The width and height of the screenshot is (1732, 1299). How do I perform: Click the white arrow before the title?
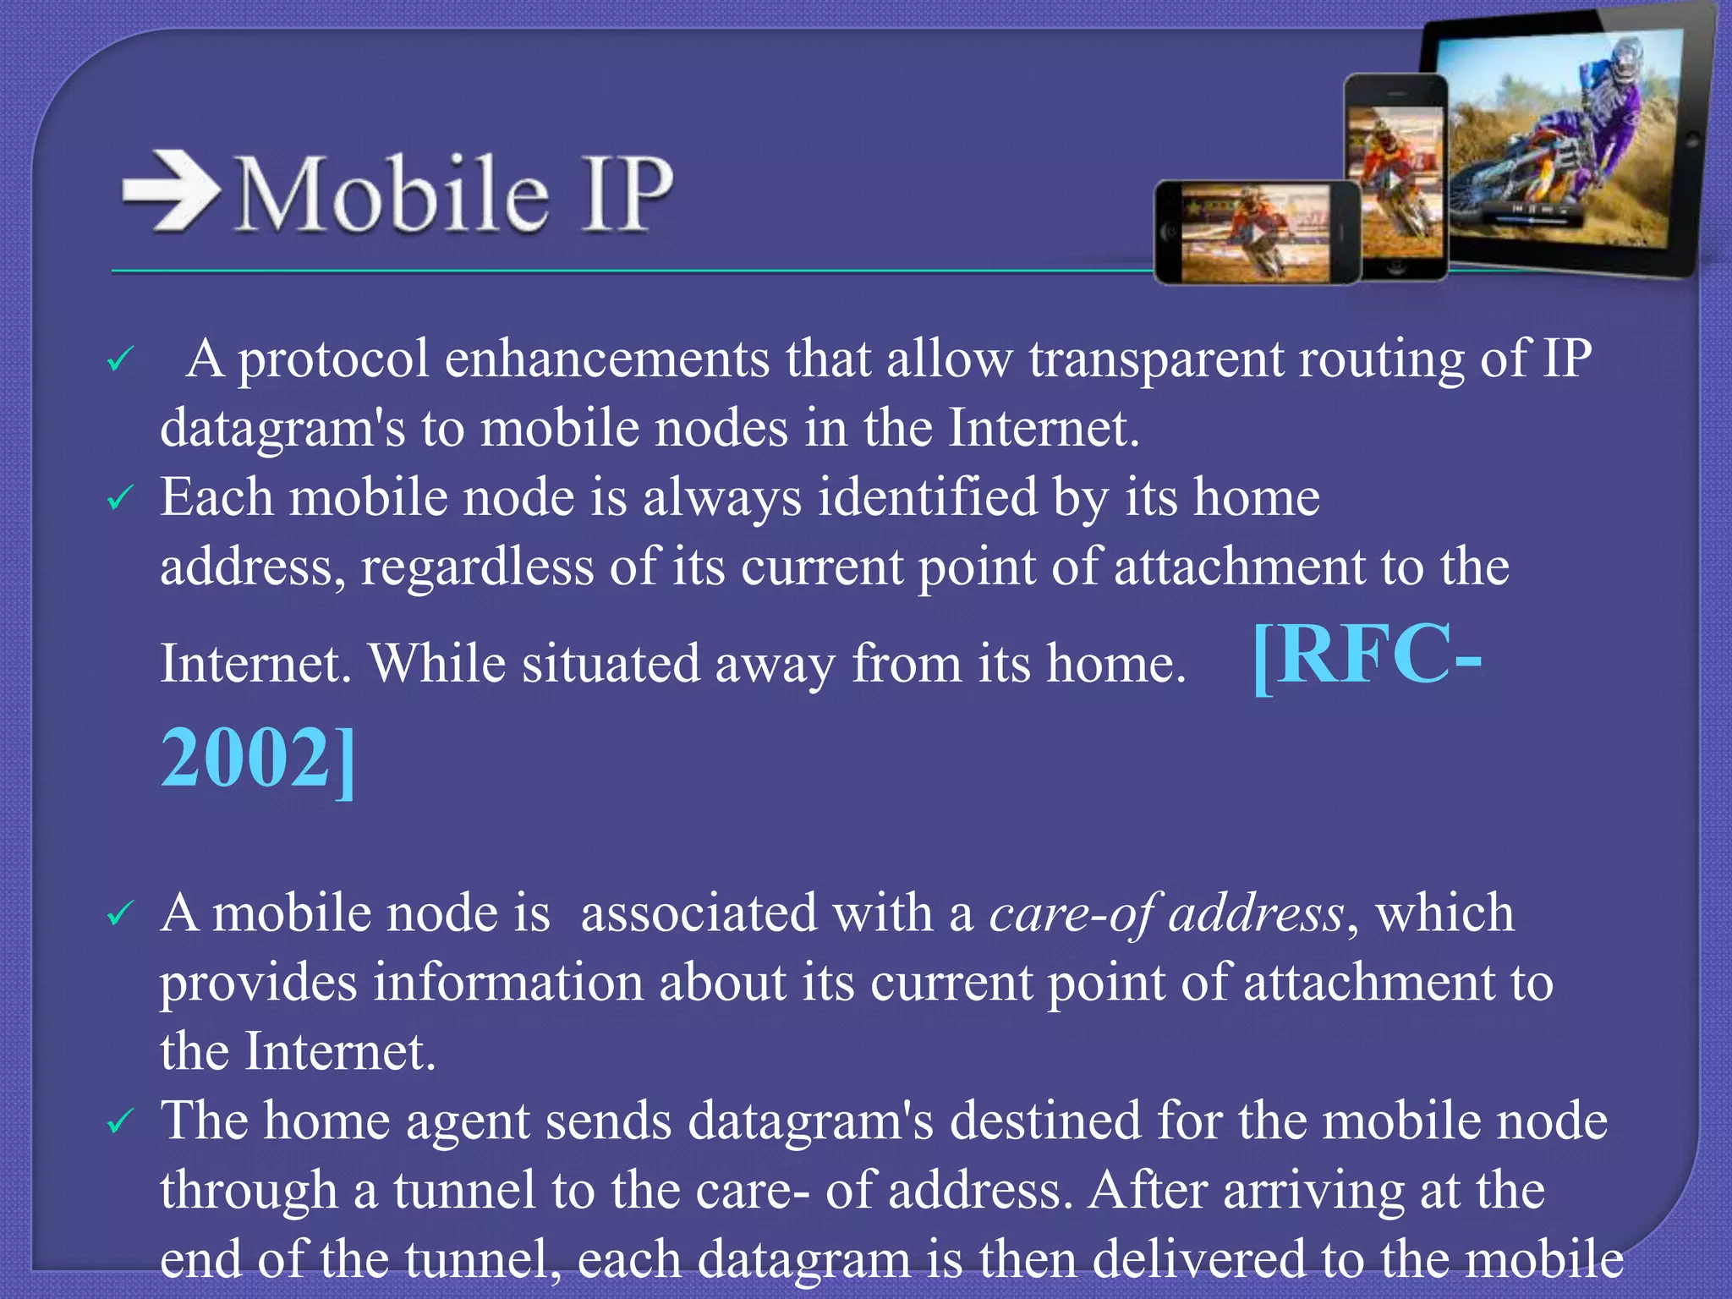point(169,191)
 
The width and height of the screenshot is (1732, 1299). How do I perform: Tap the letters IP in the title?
point(627,194)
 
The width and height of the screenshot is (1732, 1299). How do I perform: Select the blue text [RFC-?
point(1367,656)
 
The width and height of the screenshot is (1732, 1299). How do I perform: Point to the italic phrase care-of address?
point(1166,914)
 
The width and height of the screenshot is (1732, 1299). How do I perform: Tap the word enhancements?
point(606,359)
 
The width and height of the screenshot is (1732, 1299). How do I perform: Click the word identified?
point(927,497)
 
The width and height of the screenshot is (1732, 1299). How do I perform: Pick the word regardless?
point(477,567)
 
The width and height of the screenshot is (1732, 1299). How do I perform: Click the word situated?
point(610,664)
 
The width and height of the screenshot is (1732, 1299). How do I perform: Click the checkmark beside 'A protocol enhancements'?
point(119,361)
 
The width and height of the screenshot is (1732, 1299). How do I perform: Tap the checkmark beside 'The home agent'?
point(119,1122)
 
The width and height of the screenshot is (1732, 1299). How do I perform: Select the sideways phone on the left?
point(1257,232)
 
